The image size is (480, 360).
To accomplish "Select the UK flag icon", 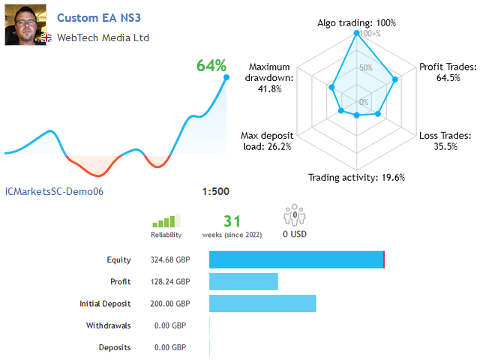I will pos(46,37).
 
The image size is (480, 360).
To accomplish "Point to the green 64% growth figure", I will pos(211,65).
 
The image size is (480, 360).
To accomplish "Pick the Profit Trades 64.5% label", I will pos(447,72).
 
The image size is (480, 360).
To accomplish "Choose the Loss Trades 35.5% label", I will pos(445,141).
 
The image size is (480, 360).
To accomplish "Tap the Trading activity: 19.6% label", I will pos(356,178).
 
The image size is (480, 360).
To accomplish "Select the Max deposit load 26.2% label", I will pos(267,141).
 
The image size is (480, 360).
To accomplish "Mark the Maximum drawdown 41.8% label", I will pos(270,77).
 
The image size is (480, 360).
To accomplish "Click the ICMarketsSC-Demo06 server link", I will pos(54,191).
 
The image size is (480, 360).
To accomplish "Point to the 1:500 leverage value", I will pos(216,191).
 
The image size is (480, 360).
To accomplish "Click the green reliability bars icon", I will pos(166,220).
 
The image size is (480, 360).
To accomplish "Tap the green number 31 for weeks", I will pos(232,220).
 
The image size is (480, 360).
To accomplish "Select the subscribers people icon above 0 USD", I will pos(295,217).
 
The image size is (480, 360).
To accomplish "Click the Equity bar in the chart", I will pos(296,259).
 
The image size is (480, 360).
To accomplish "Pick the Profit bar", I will pos(243,281).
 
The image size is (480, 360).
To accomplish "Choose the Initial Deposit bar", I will pos(262,303).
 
